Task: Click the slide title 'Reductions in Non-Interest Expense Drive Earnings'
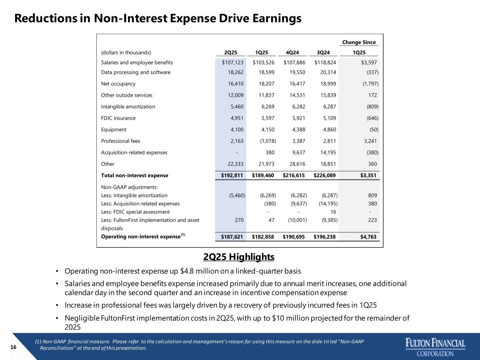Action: point(158,18)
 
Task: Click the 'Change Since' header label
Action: point(359,42)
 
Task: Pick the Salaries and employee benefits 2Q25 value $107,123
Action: point(232,63)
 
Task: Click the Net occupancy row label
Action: point(118,84)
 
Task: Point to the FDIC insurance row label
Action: point(118,118)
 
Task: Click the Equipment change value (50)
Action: point(373,129)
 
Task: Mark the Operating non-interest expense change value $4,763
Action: point(368,237)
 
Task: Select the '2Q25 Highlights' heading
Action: point(239,257)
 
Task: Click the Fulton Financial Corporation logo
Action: point(435,347)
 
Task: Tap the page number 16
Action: point(13,347)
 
